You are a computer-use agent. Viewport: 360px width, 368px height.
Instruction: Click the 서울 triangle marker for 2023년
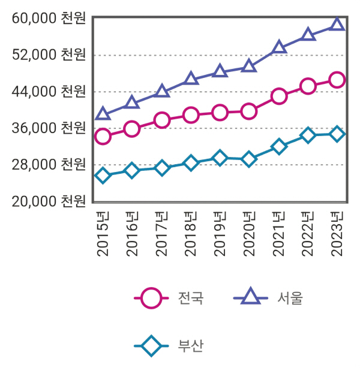(337, 25)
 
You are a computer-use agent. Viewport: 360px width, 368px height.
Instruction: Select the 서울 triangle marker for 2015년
(103, 114)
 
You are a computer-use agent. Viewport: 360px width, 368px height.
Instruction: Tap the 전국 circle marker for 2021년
(278, 96)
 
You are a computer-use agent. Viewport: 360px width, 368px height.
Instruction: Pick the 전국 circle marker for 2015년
(103, 137)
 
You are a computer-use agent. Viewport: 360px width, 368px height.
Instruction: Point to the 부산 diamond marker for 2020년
(249, 159)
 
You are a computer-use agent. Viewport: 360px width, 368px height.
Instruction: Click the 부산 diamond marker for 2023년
(337, 134)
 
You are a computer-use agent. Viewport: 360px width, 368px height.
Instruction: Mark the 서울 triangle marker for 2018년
(191, 79)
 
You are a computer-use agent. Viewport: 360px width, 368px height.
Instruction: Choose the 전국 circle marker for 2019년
(220, 113)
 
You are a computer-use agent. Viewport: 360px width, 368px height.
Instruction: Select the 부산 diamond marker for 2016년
(132, 171)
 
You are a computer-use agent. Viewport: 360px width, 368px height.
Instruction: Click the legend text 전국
(191, 297)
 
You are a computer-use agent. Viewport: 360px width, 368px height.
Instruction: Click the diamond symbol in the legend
(151, 346)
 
